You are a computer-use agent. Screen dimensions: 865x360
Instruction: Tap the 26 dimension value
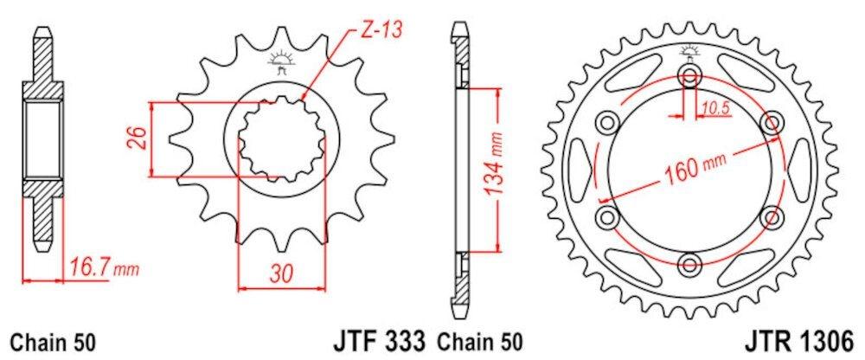139,139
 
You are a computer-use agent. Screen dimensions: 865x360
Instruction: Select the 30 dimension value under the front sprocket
282,273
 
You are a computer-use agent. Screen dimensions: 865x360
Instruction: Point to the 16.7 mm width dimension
105,269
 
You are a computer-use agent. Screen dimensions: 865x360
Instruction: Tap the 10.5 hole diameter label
715,108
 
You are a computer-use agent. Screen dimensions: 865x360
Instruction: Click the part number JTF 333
380,341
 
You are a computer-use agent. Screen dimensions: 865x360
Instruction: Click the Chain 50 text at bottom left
53,342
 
